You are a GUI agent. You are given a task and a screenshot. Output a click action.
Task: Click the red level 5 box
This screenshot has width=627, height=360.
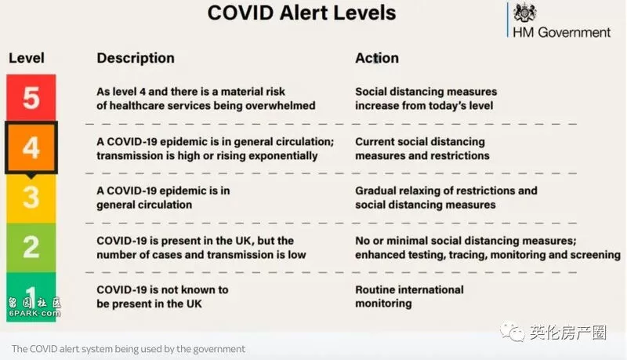point(31,97)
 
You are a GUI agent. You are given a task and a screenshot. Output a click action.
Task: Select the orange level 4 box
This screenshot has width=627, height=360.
point(31,147)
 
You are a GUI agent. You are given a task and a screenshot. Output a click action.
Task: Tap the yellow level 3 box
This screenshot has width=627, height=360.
point(31,198)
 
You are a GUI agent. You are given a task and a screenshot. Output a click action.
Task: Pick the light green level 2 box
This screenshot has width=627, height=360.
point(31,248)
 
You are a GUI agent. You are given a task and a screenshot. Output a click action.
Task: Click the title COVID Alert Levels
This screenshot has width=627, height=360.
point(302,13)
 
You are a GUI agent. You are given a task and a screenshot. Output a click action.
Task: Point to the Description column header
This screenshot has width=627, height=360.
point(136,58)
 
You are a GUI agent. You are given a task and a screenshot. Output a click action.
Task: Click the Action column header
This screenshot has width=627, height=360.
point(377,58)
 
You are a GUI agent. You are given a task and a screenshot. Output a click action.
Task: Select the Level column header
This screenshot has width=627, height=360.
point(27,58)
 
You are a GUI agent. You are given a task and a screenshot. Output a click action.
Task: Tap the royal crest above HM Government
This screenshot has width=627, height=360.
point(524,13)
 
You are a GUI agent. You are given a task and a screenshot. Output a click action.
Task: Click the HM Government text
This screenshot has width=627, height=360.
point(561,32)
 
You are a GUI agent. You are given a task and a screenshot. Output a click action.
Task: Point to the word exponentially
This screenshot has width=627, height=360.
point(281,156)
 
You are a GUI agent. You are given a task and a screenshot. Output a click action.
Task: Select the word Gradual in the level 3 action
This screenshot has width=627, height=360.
point(375,191)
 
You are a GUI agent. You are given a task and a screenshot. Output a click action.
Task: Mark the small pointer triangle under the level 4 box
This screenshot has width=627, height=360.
point(31,176)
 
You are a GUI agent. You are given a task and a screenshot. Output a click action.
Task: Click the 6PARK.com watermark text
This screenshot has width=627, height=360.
point(34,313)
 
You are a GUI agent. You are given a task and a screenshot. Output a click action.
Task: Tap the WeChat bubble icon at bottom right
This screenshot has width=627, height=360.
point(512,333)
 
